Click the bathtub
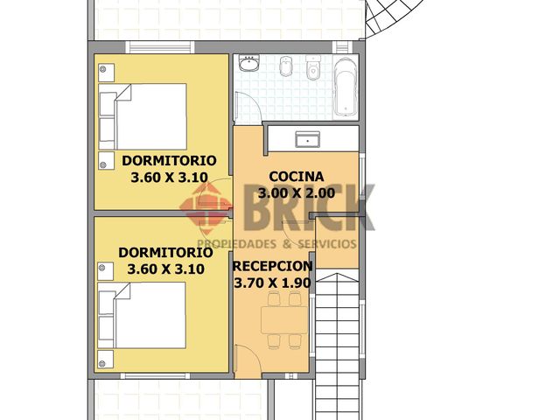point(346,86)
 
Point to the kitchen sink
point(307,138)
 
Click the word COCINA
point(297,175)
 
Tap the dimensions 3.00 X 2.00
point(297,192)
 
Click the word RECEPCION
point(273,265)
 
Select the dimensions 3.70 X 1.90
point(273,283)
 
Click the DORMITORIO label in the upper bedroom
point(169,160)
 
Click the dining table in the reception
point(283,321)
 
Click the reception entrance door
point(248,359)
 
